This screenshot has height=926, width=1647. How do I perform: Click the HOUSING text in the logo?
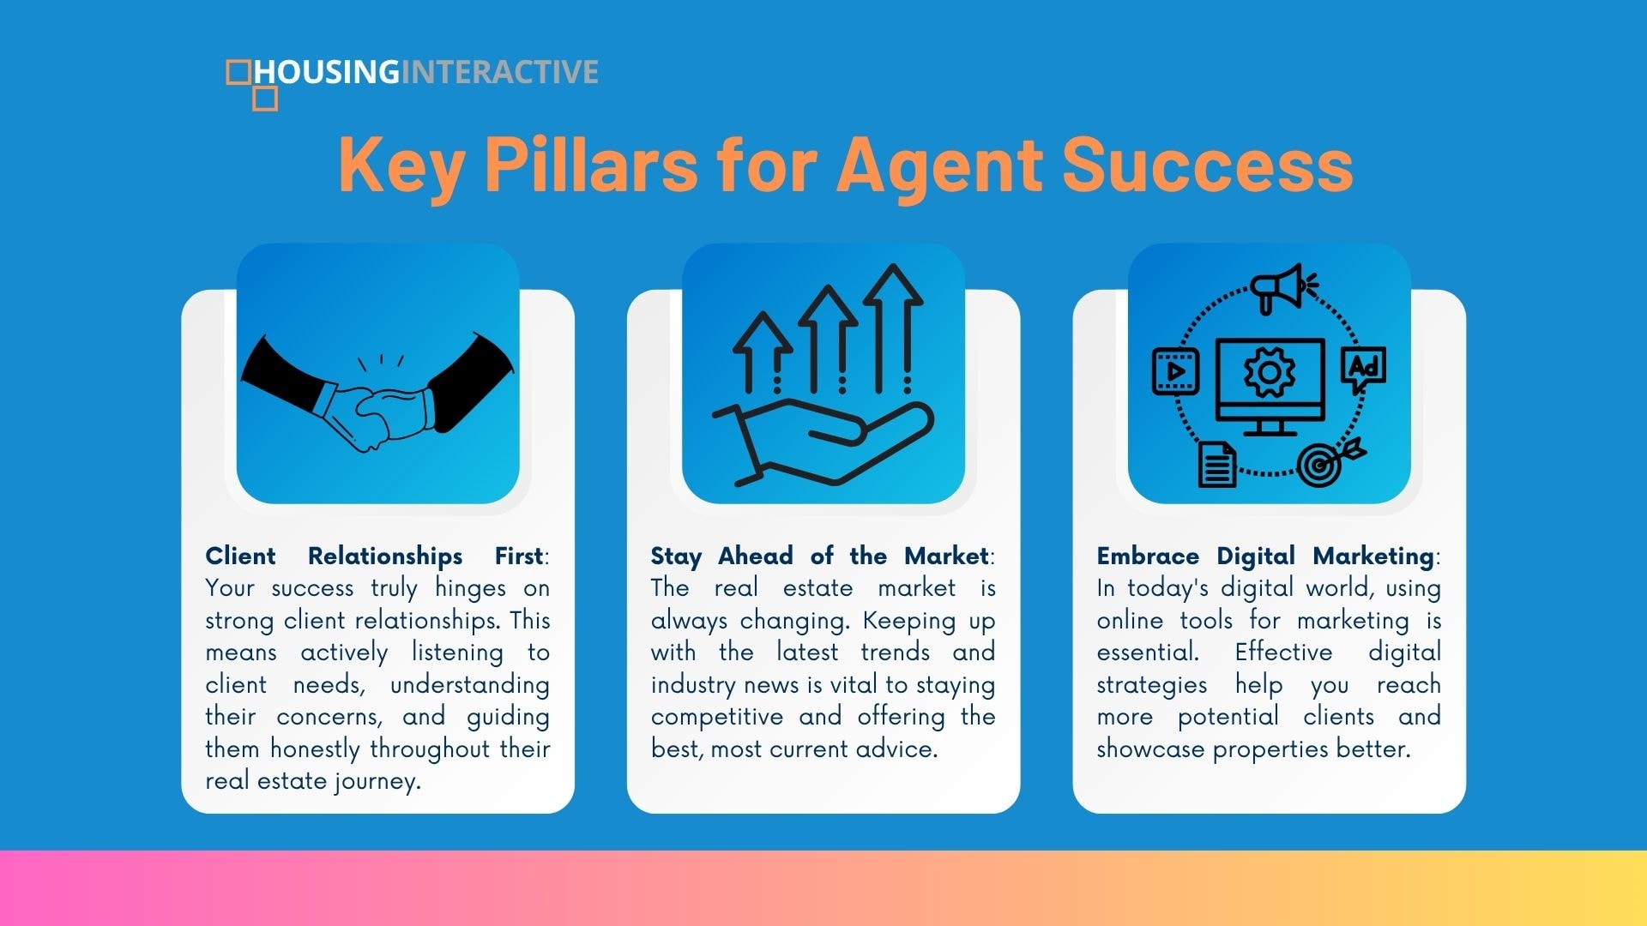point(327,72)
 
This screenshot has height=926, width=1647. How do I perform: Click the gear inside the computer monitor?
point(1270,373)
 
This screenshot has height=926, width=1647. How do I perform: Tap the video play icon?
point(1175,371)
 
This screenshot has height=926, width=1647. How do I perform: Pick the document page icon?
point(1217,464)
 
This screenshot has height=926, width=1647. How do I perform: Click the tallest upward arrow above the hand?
point(892,328)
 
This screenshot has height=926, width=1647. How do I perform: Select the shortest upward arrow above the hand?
point(763,352)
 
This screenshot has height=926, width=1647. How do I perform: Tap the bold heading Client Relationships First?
point(374,556)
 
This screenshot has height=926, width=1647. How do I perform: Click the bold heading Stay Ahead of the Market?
point(820,556)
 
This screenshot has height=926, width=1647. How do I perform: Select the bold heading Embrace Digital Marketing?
point(1265,556)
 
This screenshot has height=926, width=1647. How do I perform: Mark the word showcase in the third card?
point(1150,749)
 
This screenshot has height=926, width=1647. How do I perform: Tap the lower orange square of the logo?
point(265,99)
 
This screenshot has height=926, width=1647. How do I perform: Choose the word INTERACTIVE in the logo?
point(500,72)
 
